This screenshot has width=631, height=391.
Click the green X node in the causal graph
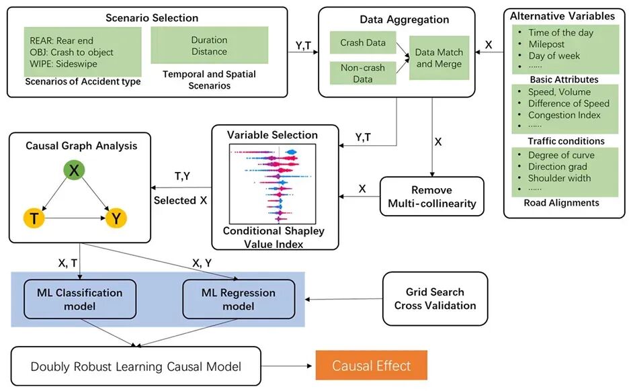(x=74, y=170)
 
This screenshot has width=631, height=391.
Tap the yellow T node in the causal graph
(x=34, y=218)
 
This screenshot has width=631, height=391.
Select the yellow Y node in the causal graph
(x=116, y=218)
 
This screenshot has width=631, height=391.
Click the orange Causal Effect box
(x=371, y=365)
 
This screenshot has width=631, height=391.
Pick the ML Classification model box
(x=80, y=299)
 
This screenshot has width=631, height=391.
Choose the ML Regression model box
(x=239, y=299)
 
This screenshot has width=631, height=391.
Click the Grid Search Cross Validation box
(x=435, y=298)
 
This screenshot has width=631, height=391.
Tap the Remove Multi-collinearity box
(x=432, y=196)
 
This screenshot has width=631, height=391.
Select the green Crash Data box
(x=363, y=42)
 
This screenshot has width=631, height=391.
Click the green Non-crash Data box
(x=363, y=73)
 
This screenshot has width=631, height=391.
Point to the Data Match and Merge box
(x=439, y=58)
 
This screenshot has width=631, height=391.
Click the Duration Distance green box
(x=209, y=46)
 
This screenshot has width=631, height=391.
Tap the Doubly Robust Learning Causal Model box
(x=136, y=366)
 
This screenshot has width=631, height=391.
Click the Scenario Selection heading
(x=152, y=17)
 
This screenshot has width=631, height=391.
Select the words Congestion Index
(x=564, y=115)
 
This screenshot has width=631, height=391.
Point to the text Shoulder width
(x=559, y=178)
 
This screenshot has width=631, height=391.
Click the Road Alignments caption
(x=561, y=203)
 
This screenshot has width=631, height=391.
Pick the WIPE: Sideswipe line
(x=63, y=64)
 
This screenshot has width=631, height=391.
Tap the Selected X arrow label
(x=180, y=200)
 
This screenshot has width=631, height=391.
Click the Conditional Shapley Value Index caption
(x=274, y=237)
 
